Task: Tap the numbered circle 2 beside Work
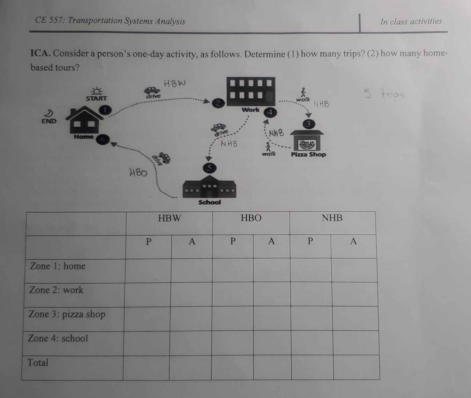click(x=218, y=103)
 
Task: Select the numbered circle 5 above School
click(x=209, y=168)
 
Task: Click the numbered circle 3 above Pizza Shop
click(x=308, y=124)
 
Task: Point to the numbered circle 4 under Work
click(x=270, y=112)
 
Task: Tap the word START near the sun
click(x=96, y=98)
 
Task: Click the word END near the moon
click(x=49, y=121)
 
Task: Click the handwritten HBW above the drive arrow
click(x=175, y=83)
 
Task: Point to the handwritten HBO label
click(x=138, y=172)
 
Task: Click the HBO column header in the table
click(x=251, y=218)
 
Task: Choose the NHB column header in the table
click(x=332, y=218)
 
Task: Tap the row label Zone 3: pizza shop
click(x=67, y=314)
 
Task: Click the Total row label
click(x=38, y=362)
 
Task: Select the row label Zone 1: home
click(x=58, y=266)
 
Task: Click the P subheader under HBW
click(x=149, y=241)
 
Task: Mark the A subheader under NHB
click(x=353, y=241)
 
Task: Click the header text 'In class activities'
click(x=411, y=22)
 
